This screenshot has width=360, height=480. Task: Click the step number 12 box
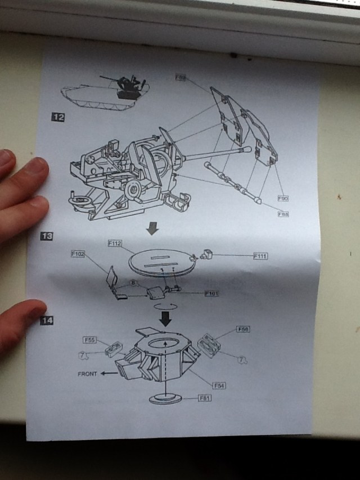pyautogui.click(x=58, y=117)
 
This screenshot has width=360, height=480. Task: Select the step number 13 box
pyautogui.click(x=47, y=236)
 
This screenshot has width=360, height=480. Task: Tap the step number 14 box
pyautogui.click(x=47, y=321)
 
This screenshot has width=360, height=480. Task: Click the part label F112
pyautogui.click(x=115, y=243)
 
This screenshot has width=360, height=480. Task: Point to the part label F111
pyautogui.click(x=260, y=256)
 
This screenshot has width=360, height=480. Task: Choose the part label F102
pyautogui.click(x=78, y=254)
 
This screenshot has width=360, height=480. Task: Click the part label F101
pyautogui.click(x=211, y=293)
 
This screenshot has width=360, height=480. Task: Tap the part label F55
pyautogui.click(x=90, y=340)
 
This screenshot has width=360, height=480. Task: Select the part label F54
pyautogui.click(x=219, y=385)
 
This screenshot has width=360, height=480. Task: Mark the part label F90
pyautogui.click(x=283, y=198)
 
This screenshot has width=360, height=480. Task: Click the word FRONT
pyautogui.click(x=87, y=374)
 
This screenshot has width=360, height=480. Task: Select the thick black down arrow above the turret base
pyautogui.click(x=165, y=319)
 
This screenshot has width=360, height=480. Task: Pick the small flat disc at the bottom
pyautogui.click(x=165, y=398)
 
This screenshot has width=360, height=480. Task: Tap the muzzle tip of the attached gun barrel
pyautogui.click(x=247, y=149)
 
